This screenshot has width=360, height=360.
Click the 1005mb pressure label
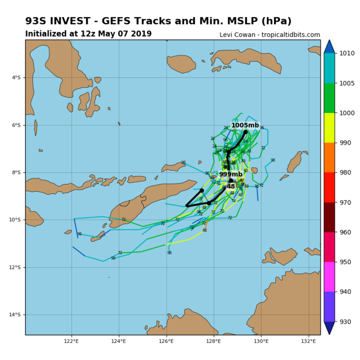pyautogui.click(x=245, y=125)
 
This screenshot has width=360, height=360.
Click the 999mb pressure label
pyautogui.click(x=230, y=174)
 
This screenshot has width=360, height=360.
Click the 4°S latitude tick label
pyautogui.click(x=16, y=78)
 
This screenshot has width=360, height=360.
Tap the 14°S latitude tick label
pyautogui.click(x=15, y=315)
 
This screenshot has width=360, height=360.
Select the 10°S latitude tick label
pyautogui.click(x=15, y=220)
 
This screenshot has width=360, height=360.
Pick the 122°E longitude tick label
pyautogui.click(x=71, y=341)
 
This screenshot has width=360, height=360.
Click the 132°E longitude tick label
pyautogui.click(x=309, y=341)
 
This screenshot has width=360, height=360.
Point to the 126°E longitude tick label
pyautogui.click(x=166, y=341)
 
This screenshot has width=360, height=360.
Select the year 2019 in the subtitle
pyautogui.click(x=140, y=34)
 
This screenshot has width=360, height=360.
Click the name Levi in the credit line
pyautogui.click(x=227, y=35)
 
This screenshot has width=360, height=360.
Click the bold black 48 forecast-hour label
pyautogui.click(x=230, y=187)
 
